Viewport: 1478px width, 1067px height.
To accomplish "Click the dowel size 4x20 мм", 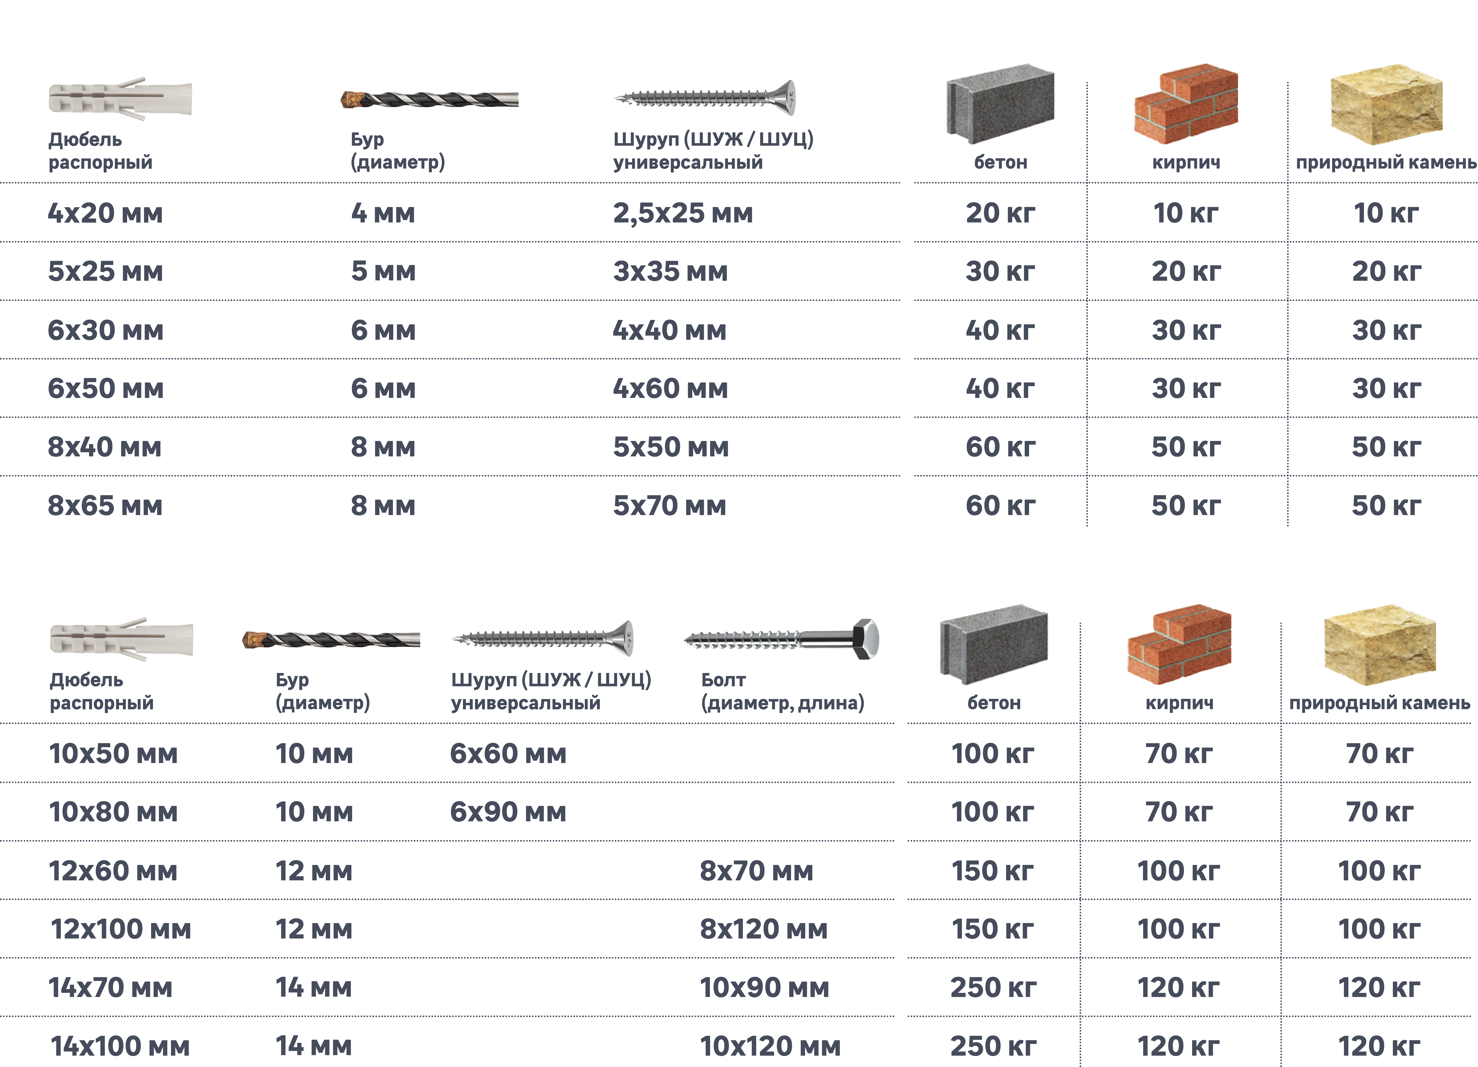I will pyautogui.click(x=105, y=213).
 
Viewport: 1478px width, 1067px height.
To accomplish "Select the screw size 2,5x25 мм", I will pyautogui.click(x=682, y=213).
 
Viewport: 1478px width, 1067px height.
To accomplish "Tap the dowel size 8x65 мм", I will pyautogui.click(x=105, y=505).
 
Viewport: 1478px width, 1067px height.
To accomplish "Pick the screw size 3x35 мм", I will pyautogui.click(x=670, y=271).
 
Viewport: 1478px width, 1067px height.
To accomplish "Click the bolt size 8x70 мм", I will pyautogui.click(x=756, y=871).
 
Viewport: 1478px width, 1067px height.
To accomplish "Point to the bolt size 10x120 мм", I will pyautogui.click(x=770, y=1046).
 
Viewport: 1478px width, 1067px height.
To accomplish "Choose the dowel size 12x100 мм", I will pyautogui.click(x=121, y=929).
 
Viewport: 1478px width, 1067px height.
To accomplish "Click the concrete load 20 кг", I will pyautogui.click(x=1000, y=213).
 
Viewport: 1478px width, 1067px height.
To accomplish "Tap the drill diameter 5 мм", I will pyautogui.click(x=383, y=271).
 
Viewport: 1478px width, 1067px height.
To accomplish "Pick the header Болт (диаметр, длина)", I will pyautogui.click(x=782, y=691).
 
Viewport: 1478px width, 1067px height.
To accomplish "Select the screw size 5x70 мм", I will pyautogui.click(x=669, y=505).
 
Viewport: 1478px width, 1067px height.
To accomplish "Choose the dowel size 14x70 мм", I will pyautogui.click(x=110, y=988).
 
